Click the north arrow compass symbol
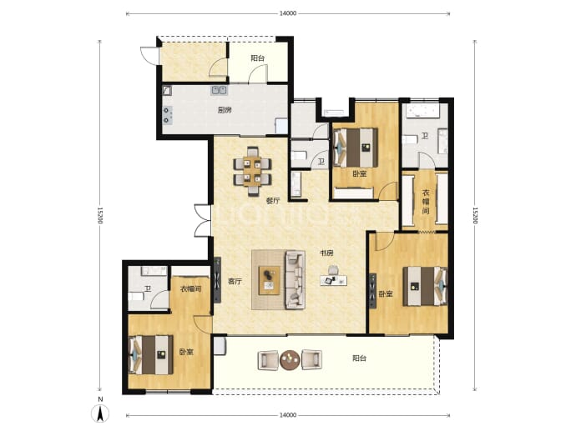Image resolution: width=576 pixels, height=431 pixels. (x=100, y=413)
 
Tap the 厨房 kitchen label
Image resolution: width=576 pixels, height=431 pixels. (x=225, y=110)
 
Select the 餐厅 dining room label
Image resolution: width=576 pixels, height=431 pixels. (x=273, y=201)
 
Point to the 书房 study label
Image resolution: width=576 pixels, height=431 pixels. (x=326, y=253)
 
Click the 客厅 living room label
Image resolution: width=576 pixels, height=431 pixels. (x=235, y=281)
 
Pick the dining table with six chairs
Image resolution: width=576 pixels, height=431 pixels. (x=252, y=171)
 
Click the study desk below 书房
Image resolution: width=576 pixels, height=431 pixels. (x=334, y=281)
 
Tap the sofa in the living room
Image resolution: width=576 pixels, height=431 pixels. (x=295, y=280)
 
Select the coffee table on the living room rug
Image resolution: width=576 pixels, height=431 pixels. (x=270, y=281)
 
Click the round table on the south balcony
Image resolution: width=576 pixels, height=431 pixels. (x=290, y=360)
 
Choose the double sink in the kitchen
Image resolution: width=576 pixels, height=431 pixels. (x=219, y=90)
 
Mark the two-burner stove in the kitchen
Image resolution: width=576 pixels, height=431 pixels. (x=168, y=114)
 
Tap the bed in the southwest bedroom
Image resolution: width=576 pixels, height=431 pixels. (x=150, y=354)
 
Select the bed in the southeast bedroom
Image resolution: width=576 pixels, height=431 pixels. (x=426, y=287)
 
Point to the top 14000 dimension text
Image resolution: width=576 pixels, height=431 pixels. (x=288, y=13)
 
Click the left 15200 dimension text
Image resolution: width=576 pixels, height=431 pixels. (x=100, y=215)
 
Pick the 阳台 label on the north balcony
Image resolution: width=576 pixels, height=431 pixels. (x=257, y=58)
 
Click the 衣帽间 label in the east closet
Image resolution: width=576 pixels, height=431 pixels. (x=426, y=202)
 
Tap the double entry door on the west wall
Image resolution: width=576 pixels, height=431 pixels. (x=201, y=220)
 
